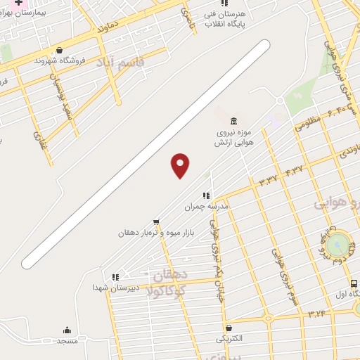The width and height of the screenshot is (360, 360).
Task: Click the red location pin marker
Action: tap(181, 165)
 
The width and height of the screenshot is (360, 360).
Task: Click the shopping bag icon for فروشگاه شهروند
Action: tap(59, 50)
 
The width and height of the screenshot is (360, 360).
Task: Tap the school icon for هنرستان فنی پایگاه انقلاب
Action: tap(225, 4)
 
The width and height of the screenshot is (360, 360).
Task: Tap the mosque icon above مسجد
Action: tap(67, 330)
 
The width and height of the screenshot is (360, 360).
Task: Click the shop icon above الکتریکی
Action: tap(229, 328)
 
